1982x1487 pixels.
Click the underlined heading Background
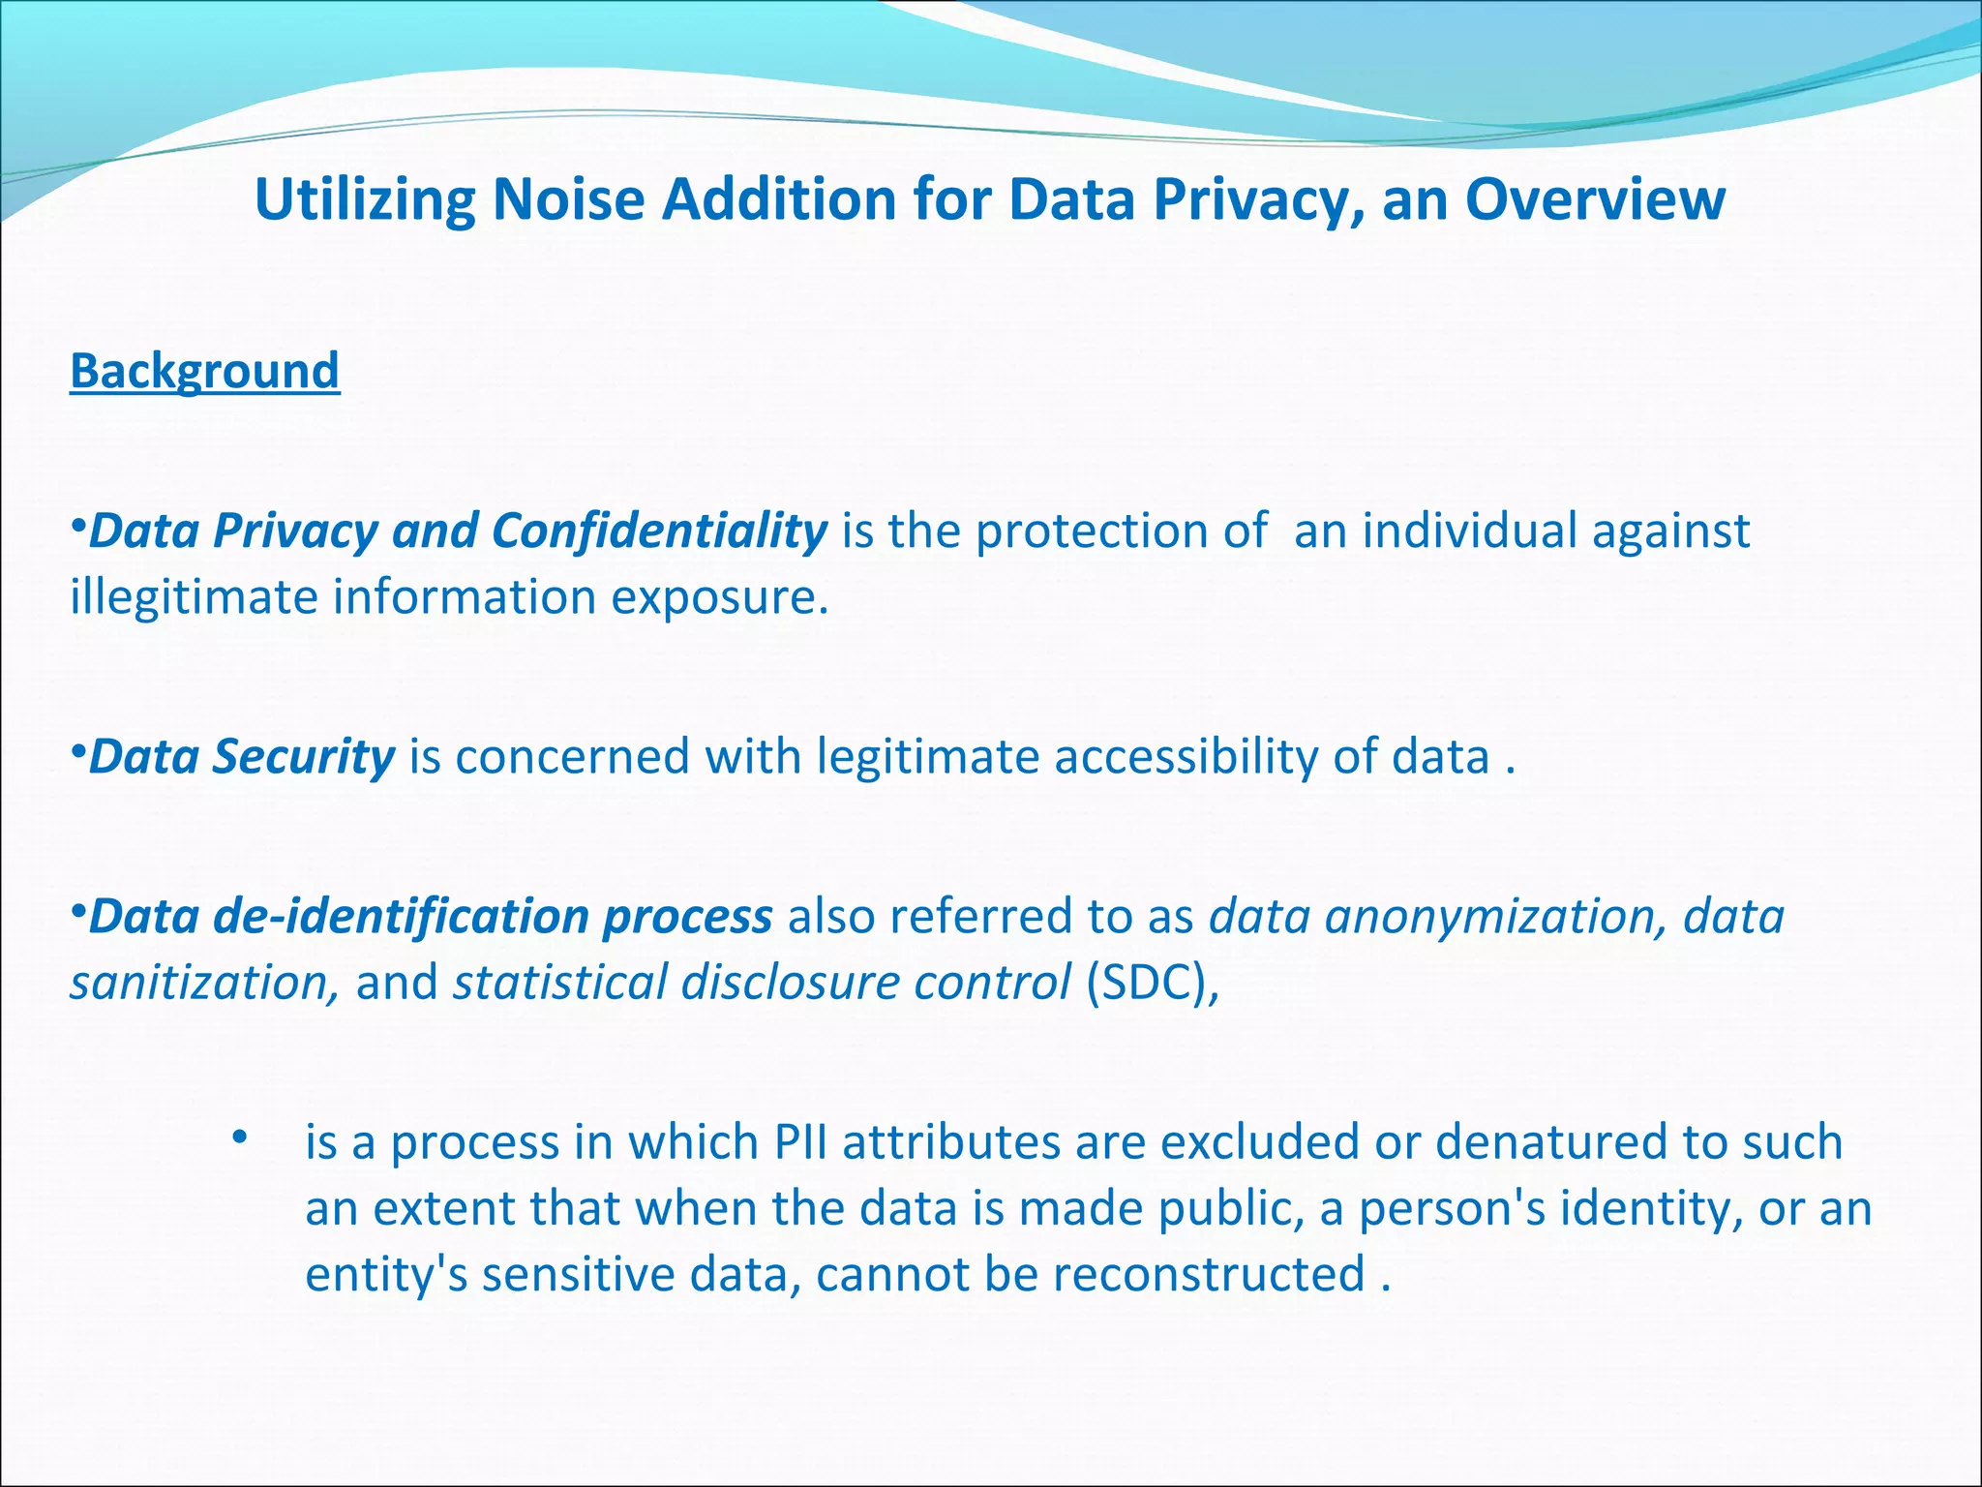(x=204, y=372)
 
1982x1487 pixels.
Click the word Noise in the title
(x=568, y=199)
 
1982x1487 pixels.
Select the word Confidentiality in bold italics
(x=659, y=531)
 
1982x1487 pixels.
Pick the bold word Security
(x=303, y=756)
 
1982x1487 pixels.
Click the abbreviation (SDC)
(x=1153, y=982)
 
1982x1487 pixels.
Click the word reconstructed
(x=1209, y=1274)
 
